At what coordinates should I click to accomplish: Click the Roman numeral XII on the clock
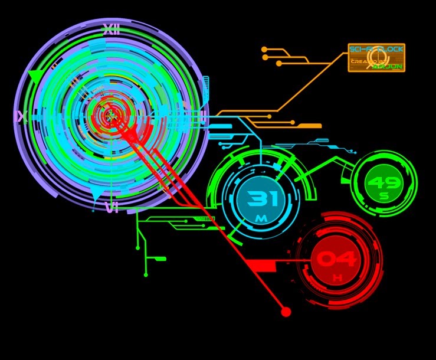tap(111, 30)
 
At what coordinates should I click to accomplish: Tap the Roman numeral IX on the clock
tap(21, 117)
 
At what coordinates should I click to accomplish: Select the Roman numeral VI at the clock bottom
tap(112, 207)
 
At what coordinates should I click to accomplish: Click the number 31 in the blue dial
tap(262, 199)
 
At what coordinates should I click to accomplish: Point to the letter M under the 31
tap(261, 219)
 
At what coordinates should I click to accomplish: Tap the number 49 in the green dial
tap(384, 183)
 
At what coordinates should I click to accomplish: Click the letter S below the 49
tap(384, 197)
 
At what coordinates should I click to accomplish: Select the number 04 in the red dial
tap(337, 259)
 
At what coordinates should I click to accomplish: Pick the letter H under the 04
tap(337, 277)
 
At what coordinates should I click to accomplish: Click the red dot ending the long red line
tap(286, 312)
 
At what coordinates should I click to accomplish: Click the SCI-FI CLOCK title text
tap(376, 50)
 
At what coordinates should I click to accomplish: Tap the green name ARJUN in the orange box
tap(388, 67)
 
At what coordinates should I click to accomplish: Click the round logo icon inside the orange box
tap(378, 58)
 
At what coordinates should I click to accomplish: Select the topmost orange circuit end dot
tap(264, 50)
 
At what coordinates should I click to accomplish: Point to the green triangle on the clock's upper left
tap(35, 76)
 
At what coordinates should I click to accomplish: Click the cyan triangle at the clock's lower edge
tap(95, 194)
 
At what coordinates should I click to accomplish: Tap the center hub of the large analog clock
tap(110, 116)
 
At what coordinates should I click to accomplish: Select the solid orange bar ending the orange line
tap(309, 126)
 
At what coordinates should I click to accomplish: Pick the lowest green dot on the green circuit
tap(146, 274)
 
